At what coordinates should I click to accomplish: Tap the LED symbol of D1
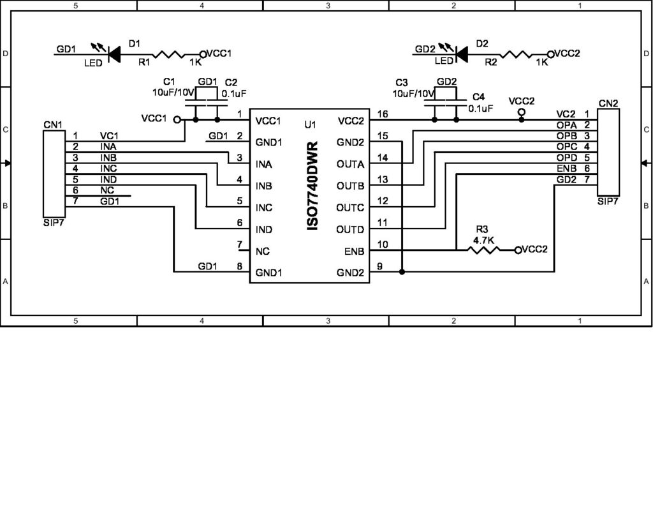click(x=114, y=54)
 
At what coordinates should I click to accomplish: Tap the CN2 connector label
click(x=608, y=102)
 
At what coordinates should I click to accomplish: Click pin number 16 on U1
click(x=383, y=114)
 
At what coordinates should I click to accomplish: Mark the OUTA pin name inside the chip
click(x=351, y=164)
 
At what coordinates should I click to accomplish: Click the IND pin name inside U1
click(x=265, y=229)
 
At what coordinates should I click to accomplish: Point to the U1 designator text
click(x=310, y=124)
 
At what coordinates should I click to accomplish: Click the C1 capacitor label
click(x=168, y=82)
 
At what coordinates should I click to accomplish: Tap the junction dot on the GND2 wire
click(x=402, y=273)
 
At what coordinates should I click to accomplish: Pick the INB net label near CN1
click(x=108, y=157)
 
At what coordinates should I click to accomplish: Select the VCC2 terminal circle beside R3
click(x=518, y=250)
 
